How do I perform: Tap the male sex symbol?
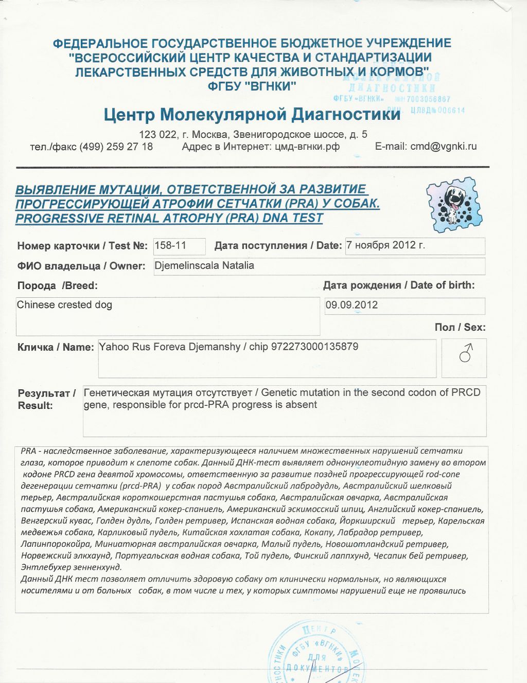coord(466,354)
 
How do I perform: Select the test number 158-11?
coord(170,245)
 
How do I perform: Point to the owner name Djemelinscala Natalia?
coord(204,266)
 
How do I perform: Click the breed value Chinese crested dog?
coord(64,305)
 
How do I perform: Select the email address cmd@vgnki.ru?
coord(443,147)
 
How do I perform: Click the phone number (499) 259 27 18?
coord(116,147)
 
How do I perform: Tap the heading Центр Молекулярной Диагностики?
coord(252,114)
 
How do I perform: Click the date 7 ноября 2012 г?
coord(386,245)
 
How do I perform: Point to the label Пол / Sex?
coord(460,328)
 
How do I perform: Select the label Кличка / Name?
coord(56,347)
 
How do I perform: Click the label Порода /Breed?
coord(57,286)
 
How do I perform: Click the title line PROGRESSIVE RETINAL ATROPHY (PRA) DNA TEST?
coord(169,218)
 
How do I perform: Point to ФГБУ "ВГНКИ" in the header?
coord(252,86)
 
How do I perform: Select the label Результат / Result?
coord(46,399)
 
